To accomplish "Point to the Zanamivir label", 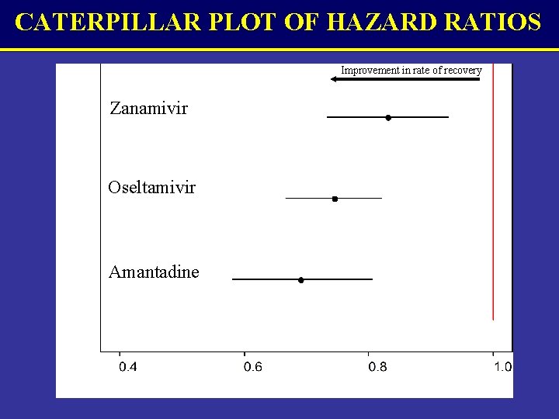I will (x=148, y=108).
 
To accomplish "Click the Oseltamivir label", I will (x=151, y=188).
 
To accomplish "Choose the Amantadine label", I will (x=154, y=272).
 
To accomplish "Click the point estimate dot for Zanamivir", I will (x=388, y=117).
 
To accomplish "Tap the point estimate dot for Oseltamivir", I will (x=335, y=199).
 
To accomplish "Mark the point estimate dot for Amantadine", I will (x=301, y=279).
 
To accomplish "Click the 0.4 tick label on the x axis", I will (x=128, y=367).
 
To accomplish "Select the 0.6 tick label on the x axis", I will (x=252, y=367).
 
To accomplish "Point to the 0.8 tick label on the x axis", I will (x=377, y=367).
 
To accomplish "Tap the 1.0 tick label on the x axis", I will (x=502, y=367).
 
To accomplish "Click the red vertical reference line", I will (x=493, y=194).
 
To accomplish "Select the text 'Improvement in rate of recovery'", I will (x=411, y=71).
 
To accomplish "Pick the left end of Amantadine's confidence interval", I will (x=233, y=279).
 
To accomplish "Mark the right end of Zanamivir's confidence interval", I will (x=448, y=117).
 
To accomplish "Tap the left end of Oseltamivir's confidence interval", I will (x=286, y=199).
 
